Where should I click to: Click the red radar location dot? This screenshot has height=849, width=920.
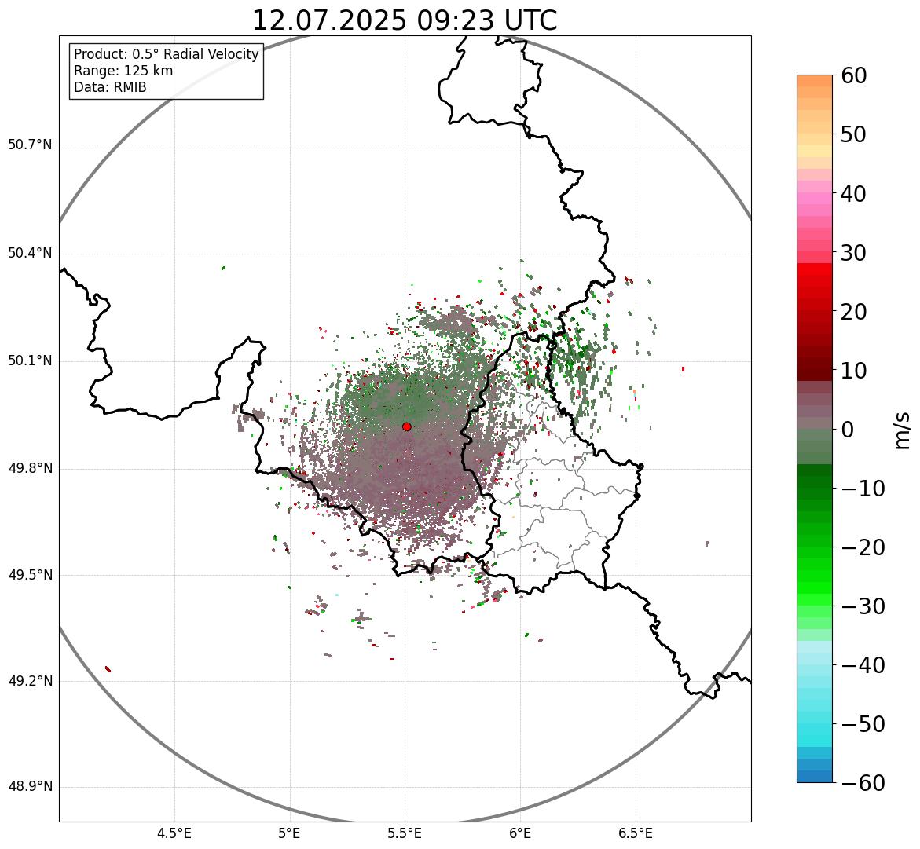(x=406, y=426)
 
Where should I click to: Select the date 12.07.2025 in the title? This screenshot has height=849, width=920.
(x=329, y=20)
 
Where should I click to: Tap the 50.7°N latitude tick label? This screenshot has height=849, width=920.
(x=30, y=145)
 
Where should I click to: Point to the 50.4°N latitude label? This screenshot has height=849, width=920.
(x=30, y=253)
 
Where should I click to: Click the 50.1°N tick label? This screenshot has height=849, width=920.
(x=30, y=361)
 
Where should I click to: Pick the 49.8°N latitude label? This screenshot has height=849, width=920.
(x=30, y=469)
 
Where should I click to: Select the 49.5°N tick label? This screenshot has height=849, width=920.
(x=30, y=575)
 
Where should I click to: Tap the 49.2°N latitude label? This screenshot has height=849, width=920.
(x=30, y=681)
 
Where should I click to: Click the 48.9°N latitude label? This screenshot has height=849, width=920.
(x=30, y=787)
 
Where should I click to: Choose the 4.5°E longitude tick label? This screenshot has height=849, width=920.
(x=174, y=833)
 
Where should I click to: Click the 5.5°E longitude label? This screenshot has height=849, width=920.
(x=405, y=833)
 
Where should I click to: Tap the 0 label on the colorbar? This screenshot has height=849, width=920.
(x=848, y=430)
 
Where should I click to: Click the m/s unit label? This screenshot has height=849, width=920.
(x=903, y=430)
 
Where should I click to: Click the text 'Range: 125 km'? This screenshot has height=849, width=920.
(x=123, y=71)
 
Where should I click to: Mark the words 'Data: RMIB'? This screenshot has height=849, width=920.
(x=110, y=87)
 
